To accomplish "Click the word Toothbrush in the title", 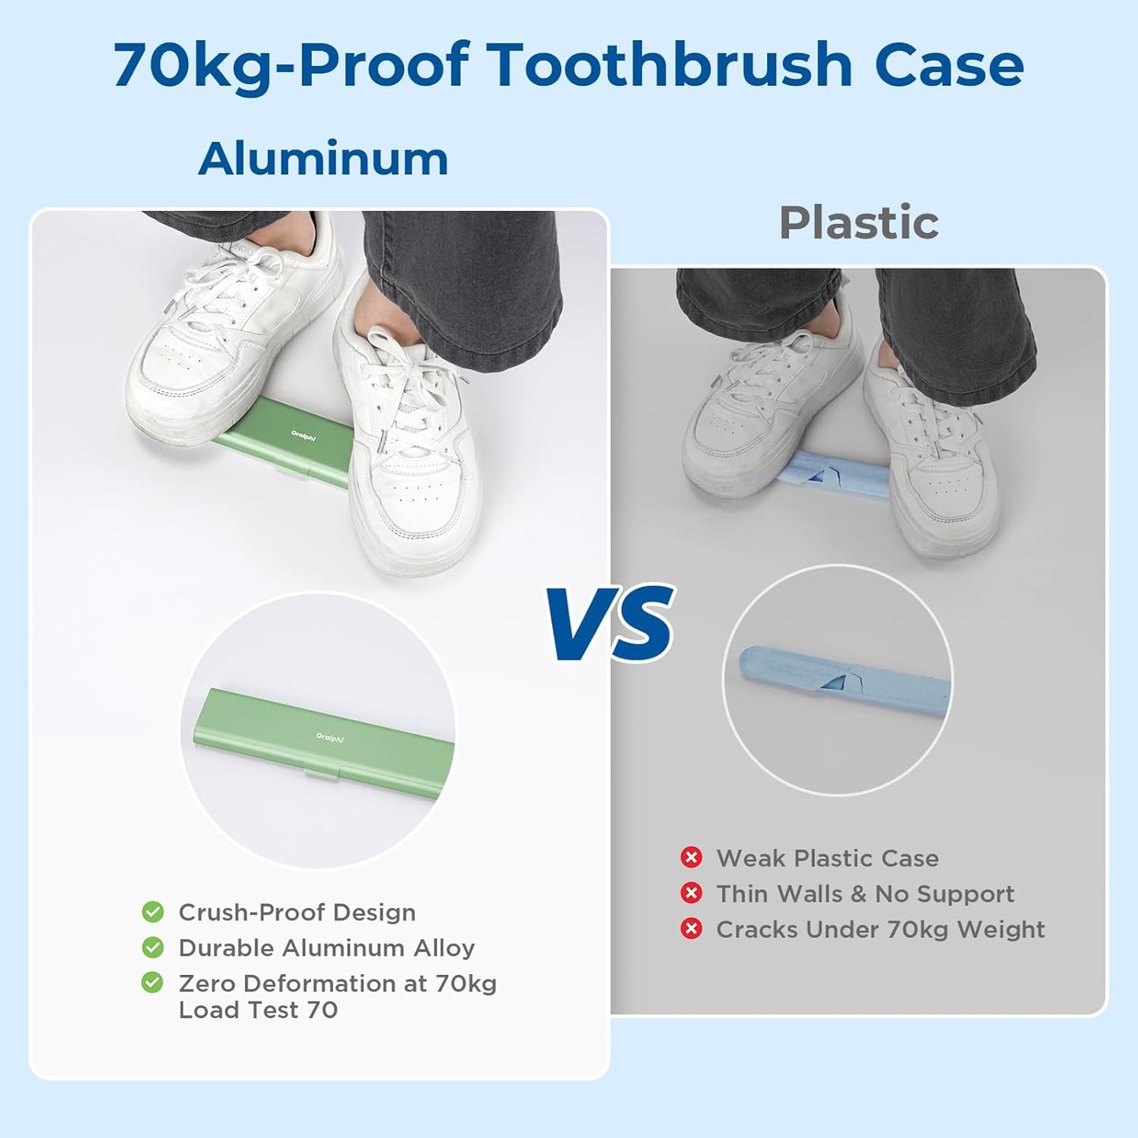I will (x=669, y=65).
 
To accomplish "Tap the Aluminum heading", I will (x=323, y=159).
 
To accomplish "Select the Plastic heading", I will (x=858, y=223).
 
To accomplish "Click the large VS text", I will (x=612, y=624).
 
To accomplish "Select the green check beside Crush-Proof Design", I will (x=153, y=912).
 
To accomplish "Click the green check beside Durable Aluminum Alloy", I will (x=153, y=947).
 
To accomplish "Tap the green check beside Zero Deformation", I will (x=153, y=983).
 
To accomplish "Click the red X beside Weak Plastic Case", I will (x=691, y=858).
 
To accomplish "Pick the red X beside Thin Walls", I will (x=691, y=893).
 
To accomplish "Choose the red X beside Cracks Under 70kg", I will (x=691, y=929).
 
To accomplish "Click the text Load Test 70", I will (x=258, y=1010).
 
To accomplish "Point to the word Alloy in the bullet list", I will (x=444, y=948).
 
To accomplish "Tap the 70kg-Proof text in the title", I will (x=291, y=65).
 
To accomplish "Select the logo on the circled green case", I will (x=330, y=738).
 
